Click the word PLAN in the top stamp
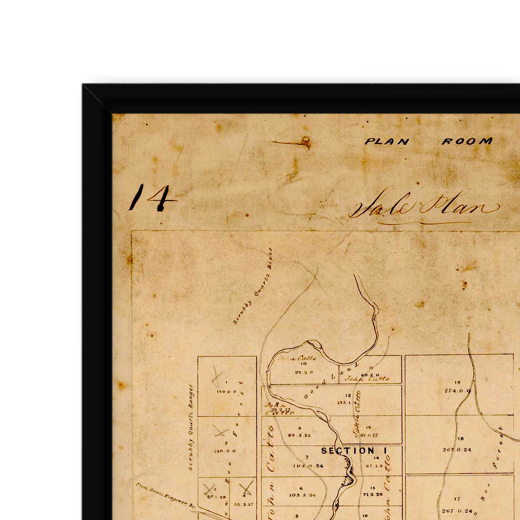[x=387, y=142]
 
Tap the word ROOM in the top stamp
[x=467, y=141]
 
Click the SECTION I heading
[x=354, y=451]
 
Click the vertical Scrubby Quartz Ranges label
[x=191, y=427]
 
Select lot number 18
[x=461, y=439]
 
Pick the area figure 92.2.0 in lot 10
[x=304, y=372]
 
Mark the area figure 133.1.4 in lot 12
[x=346, y=403]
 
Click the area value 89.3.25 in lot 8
[x=299, y=435]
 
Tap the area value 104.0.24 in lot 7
[x=308, y=466]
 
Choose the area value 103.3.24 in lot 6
[x=302, y=495]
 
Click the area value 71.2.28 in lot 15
[x=373, y=495]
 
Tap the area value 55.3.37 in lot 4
[x=243, y=504]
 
